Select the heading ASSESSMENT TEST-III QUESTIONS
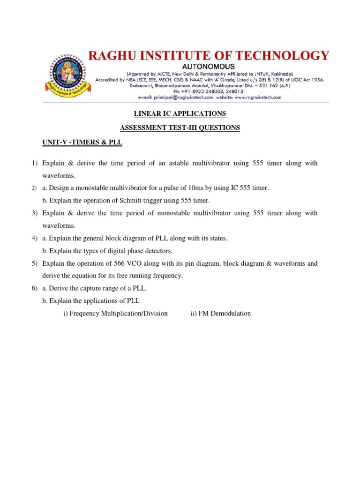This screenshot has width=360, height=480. pos(180,127)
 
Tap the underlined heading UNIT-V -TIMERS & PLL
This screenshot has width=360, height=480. pos(82,142)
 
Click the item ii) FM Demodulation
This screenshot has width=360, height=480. pos(220,313)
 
